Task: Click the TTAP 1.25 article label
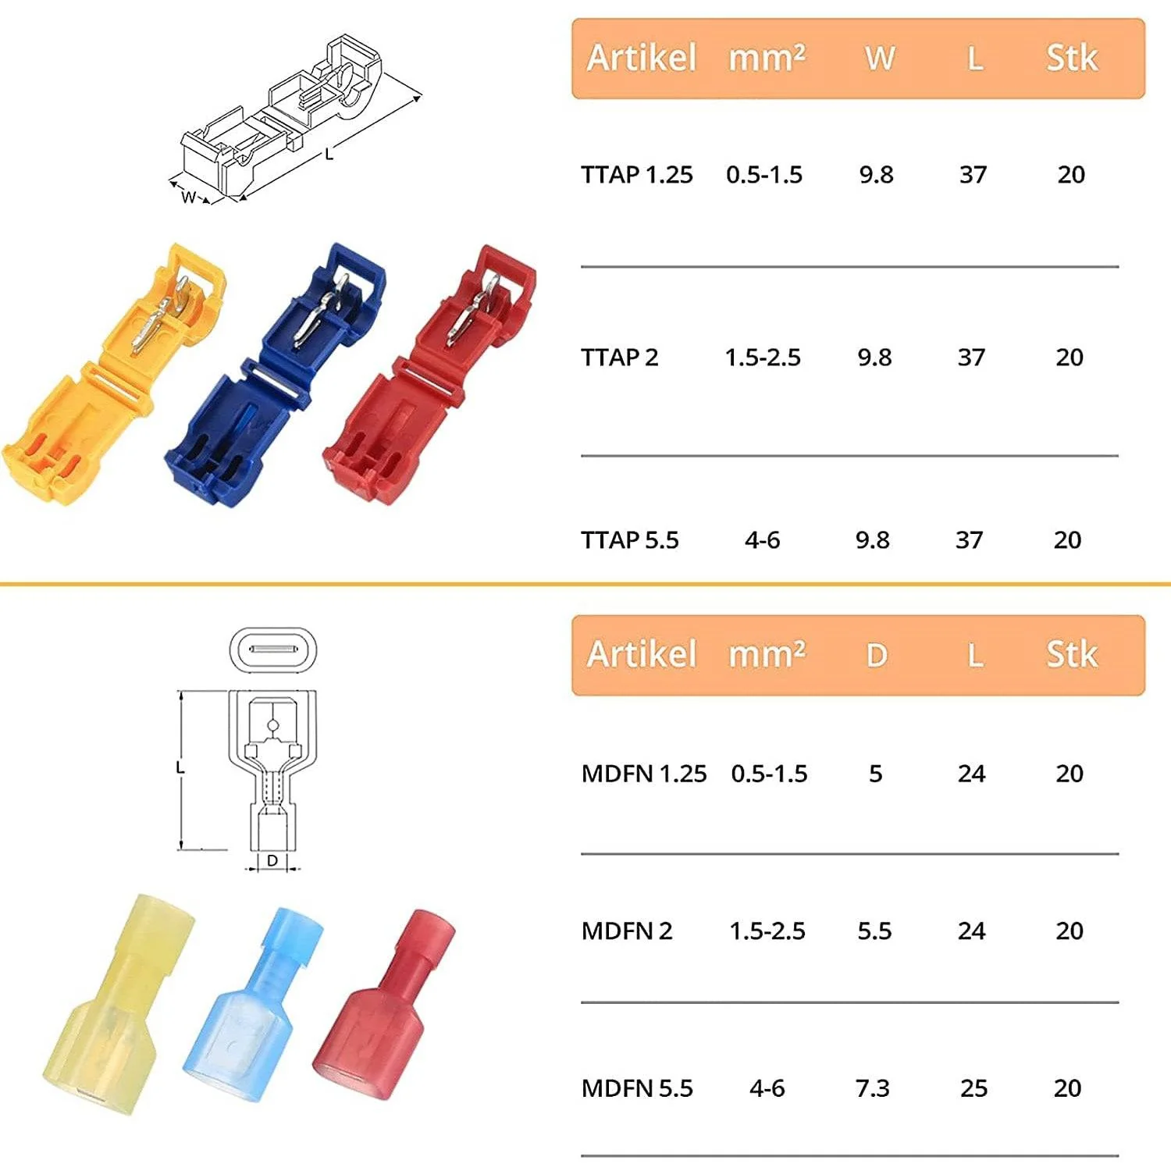636,175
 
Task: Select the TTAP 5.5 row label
629,540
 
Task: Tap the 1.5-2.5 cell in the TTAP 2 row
763,358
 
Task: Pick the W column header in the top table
880,59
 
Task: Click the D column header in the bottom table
877,656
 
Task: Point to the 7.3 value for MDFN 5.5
872,1088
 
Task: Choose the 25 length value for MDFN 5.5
973,1088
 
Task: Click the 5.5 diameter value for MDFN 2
874,931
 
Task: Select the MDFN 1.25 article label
643,774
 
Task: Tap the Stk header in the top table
1072,59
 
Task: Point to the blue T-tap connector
273,375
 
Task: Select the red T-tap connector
429,375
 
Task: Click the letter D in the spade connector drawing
272,860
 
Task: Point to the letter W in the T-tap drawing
188,198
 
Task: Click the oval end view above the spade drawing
273,650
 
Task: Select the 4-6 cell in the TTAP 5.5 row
762,540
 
